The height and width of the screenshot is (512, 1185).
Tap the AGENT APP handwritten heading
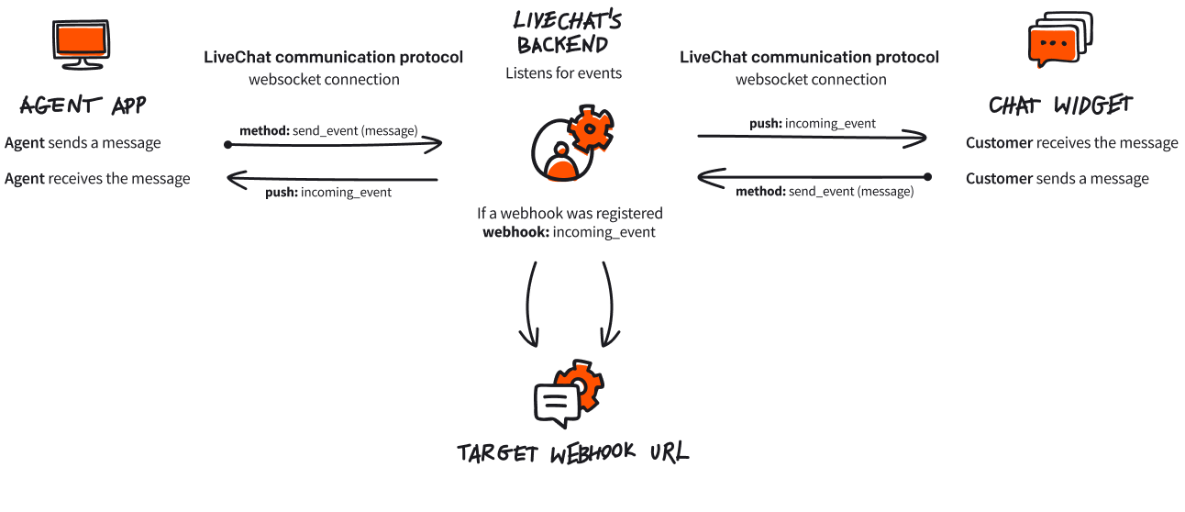point(82,106)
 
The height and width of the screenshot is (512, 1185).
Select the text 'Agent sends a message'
point(83,143)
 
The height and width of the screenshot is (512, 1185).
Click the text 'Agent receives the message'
point(97,179)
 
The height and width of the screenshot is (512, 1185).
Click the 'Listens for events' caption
point(563,73)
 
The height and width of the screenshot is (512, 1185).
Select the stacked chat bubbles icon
point(1058,41)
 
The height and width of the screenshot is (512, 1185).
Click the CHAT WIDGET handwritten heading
point(1060,106)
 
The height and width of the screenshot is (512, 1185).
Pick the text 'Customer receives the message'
point(1071,143)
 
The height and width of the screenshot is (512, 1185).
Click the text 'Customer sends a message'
point(1057,179)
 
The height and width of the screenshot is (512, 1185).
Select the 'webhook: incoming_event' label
point(569,232)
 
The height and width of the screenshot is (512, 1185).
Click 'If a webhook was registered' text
point(569,214)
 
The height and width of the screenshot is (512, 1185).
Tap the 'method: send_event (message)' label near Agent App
point(328,131)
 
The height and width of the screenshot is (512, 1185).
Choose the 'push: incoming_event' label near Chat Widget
point(812,124)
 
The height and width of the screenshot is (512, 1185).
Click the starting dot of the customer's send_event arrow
point(927,176)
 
